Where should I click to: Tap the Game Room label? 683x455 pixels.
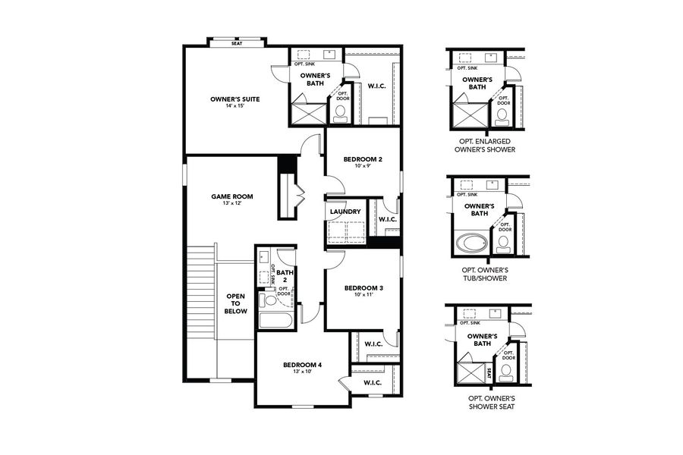(232, 196)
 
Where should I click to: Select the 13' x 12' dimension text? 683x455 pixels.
(232, 203)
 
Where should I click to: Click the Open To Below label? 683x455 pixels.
(236, 303)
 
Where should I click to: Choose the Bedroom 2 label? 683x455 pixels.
(363, 159)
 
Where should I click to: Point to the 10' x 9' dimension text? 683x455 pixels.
(363, 167)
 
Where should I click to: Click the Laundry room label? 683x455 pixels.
(346, 212)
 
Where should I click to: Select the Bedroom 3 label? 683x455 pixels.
(363, 288)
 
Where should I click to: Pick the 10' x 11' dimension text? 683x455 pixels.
(363, 296)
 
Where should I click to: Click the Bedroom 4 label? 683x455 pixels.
(302, 365)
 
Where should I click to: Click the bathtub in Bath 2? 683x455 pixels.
(275, 319)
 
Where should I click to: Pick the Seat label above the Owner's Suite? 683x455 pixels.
(238, 43)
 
